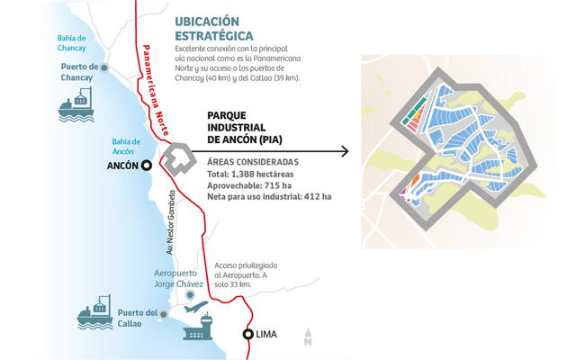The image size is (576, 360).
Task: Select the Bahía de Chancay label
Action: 44,42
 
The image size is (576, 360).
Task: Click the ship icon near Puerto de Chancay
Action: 79,107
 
